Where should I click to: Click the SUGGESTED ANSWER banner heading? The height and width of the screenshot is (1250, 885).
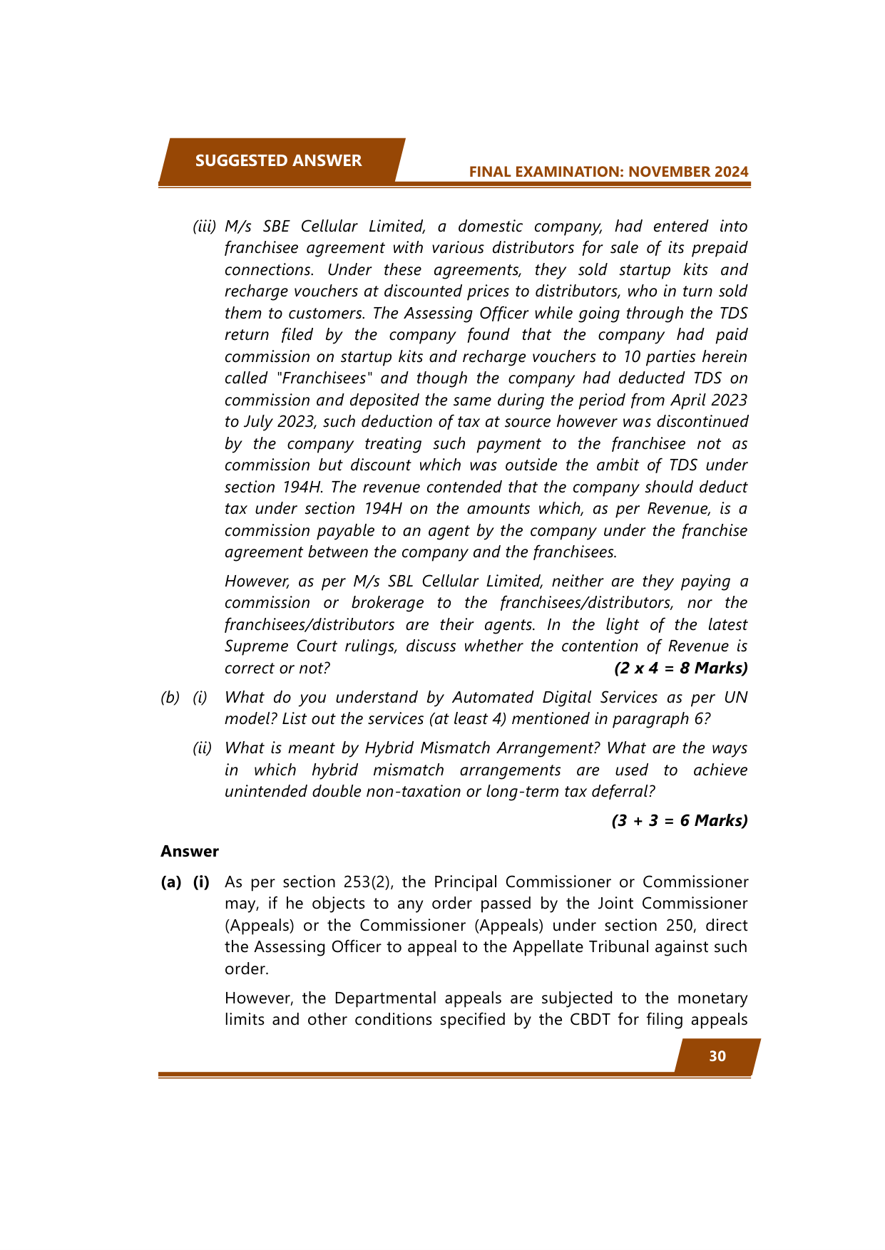point(278,160)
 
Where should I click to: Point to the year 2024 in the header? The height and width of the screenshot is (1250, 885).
point(729,172)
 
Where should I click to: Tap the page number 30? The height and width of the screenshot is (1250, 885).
point(717,1056)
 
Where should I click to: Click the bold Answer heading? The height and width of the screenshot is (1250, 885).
point(190,852)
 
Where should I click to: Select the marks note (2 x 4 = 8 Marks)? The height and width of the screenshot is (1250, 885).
point(680,668)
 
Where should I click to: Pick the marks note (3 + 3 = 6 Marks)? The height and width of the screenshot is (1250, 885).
point(680,821)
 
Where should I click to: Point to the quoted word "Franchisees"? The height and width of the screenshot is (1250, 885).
point(325,378)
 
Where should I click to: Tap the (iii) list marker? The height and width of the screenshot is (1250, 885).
point(204,227)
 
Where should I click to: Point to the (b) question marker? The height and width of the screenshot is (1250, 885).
point(170,698)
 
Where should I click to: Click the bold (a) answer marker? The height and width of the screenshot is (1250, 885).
point(170,882)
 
